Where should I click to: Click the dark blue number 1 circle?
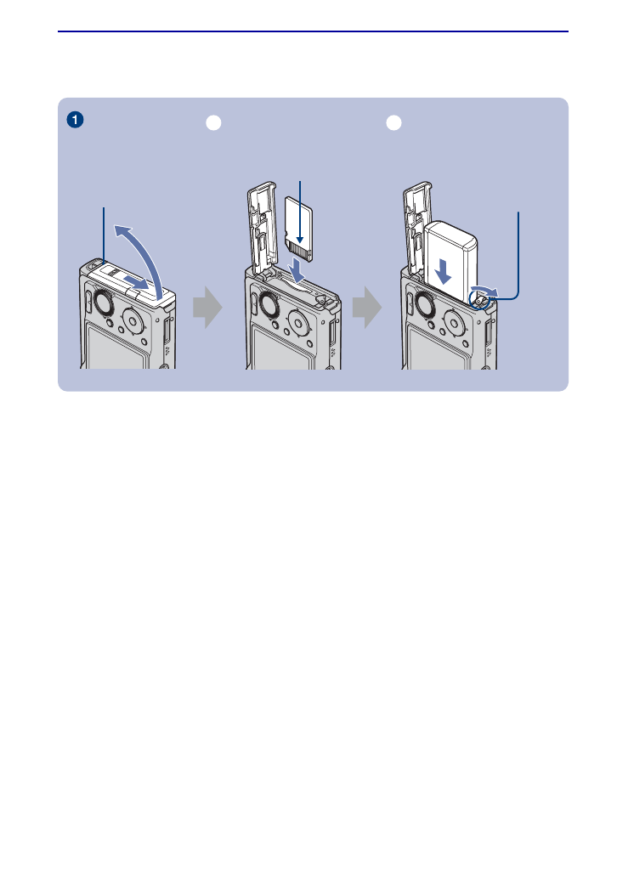click(76, 121)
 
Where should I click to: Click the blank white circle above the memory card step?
click(215, 123)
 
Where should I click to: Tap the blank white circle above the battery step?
click(393, 123)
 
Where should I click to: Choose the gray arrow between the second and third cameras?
click(366, 307)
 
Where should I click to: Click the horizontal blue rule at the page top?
click(313, 32)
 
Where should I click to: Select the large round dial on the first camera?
click(102, 305)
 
